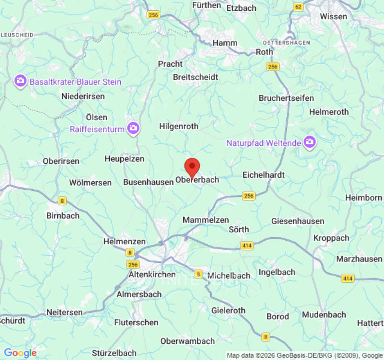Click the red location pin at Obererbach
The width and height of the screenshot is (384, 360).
[x=193, y=167]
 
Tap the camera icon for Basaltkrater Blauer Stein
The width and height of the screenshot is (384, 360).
[x=20, y=81]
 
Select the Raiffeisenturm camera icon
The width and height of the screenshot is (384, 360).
[x=133, y=128]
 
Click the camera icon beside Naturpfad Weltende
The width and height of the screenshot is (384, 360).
[x=309, y=142]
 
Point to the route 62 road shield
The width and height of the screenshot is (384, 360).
[x=298, y=7]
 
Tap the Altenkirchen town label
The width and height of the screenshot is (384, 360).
[x=152, y=274]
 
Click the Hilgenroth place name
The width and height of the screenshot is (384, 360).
[x=179, y=126]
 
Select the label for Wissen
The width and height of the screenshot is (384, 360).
[x=334, y=17]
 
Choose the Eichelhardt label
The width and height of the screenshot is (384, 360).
[x=263, y=175]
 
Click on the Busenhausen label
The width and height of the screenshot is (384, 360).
[x=148, y=182]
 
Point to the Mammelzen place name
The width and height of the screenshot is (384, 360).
[x=206, y=220]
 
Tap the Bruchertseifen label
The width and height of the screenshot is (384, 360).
[x=286, y=98]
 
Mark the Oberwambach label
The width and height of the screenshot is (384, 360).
[x=188, y=341]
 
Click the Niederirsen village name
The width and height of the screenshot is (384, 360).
[x=83, y=96]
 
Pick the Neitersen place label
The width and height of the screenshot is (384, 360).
[x=64, y=312]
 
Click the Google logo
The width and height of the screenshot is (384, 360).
[x=20, y=353]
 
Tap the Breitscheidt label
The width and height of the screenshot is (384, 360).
[x=195, y=77]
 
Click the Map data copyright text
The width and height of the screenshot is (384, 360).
[x=304, y=355]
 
